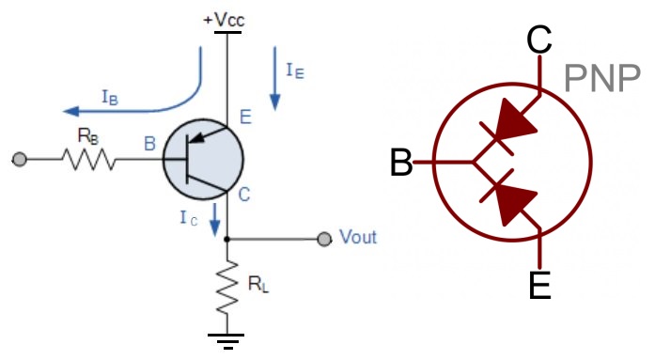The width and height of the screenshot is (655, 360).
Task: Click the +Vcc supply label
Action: click(225, 18)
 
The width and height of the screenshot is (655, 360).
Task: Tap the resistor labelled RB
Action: click(88, 161)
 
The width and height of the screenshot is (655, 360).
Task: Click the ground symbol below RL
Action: click(226, 339)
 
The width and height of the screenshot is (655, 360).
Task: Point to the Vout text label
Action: click(357, 237)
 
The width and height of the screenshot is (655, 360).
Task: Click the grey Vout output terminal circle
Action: click(324, 239)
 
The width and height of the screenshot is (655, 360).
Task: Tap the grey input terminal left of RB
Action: click(19, 161)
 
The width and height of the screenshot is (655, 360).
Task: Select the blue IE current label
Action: click(294, 69)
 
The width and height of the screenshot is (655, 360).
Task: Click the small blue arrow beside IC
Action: click(215, 222)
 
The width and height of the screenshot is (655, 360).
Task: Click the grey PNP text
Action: click(601, 80)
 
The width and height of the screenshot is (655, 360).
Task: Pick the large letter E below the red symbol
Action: click(539, 284)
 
